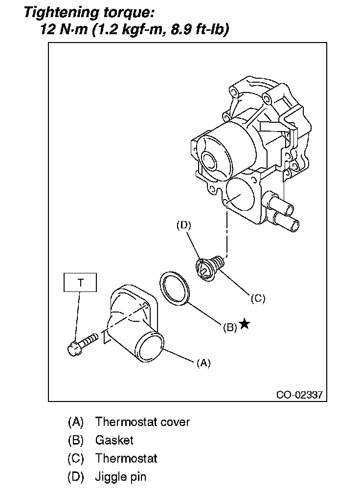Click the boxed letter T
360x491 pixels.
click(x=80, y=282)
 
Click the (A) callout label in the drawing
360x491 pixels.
click(x=203, y=363)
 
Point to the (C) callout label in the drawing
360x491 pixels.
click(x=257, y=297)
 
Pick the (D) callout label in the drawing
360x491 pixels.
click(x=183, y=225)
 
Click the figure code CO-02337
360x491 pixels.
click(x=299, y=394)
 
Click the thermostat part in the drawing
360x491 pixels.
click(x=209, y=268)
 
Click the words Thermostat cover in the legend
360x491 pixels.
click(x=142, y=422)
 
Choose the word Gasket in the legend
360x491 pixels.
click(x=114, y=440)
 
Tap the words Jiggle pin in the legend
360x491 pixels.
click(x=121, y=476)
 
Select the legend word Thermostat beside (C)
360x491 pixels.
click(x=126, y=458)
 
